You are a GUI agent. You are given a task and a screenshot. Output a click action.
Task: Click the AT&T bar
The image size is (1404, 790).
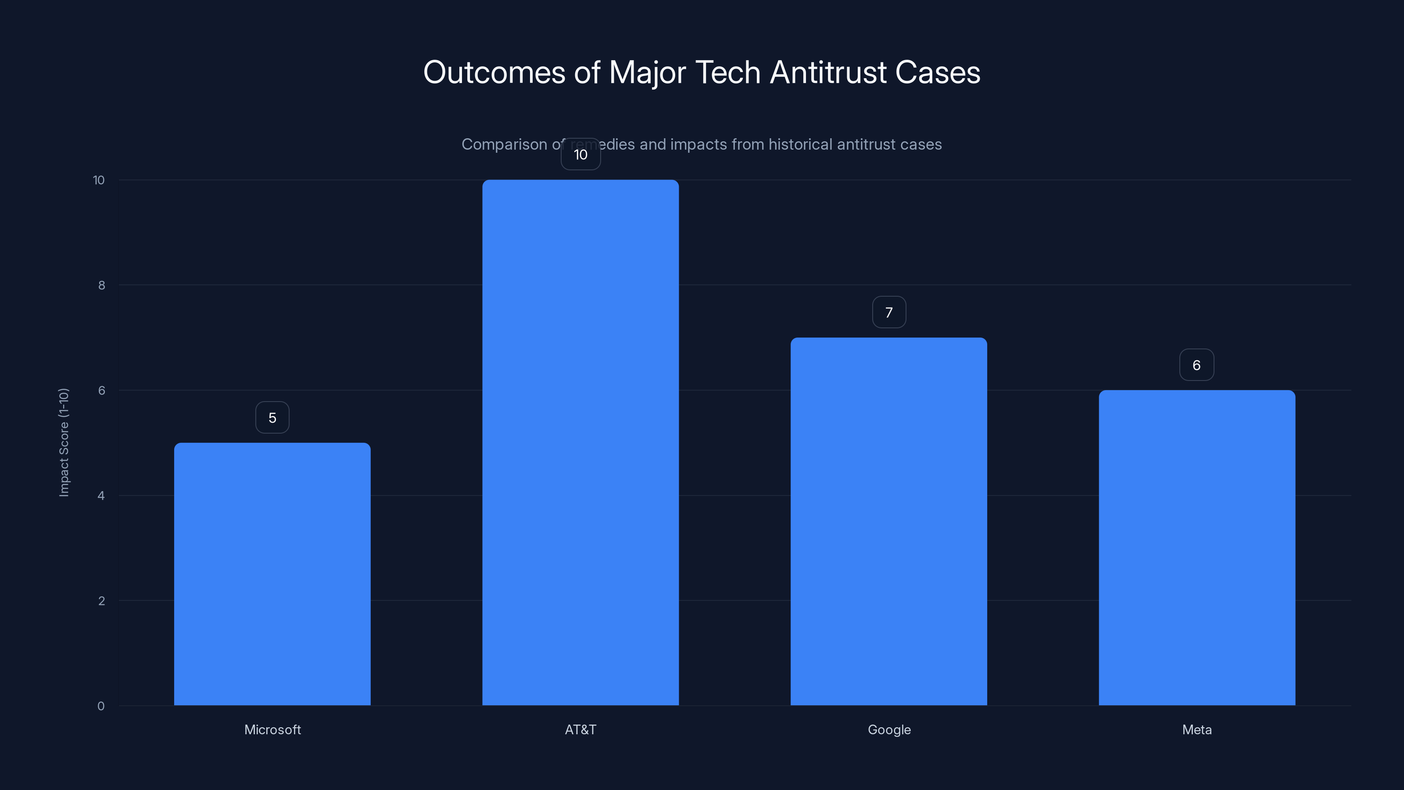(x=580, y=442)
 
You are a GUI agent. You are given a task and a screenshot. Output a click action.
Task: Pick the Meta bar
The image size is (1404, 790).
(x=1196, y=547)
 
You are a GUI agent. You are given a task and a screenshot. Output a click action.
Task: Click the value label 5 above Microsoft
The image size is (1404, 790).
(x=272, y=418)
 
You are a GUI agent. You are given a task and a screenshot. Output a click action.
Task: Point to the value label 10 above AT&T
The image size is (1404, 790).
(x=580, y=155)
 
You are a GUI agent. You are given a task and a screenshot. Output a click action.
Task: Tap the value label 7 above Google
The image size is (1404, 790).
(x=889, y=312)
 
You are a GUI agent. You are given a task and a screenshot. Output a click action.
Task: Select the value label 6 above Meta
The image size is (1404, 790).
(x=1196, y=365)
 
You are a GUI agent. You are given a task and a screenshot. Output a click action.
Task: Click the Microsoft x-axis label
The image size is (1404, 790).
(x=272, y=729)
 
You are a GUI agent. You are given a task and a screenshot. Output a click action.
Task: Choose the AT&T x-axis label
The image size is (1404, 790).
(x=580, y=729)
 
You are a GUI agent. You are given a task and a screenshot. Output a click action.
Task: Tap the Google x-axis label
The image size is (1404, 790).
(x=889, y=729)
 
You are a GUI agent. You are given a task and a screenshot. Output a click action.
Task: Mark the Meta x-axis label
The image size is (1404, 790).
(x=1196, y=729)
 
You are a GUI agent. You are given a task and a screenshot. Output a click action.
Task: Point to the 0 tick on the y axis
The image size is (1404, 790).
(x=101, y=706)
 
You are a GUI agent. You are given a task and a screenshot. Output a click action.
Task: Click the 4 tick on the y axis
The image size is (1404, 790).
(x=101, y=496)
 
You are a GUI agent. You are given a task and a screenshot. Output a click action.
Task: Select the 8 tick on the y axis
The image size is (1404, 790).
(x=101, y=285)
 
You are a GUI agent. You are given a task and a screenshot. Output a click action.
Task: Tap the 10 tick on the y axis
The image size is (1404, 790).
(x=99, y=180)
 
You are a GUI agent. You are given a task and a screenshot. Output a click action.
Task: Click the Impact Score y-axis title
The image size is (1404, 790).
(x=64, y=442)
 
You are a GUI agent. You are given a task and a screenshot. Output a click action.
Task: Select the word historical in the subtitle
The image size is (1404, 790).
(x=801, y=144)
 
